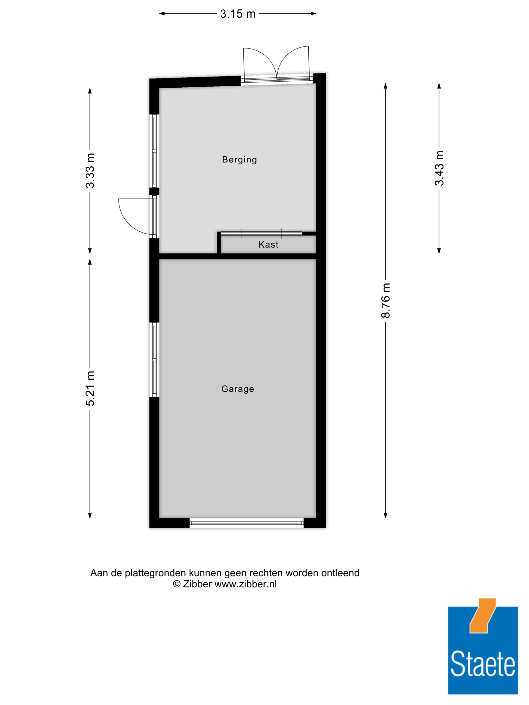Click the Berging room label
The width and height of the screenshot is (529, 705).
(239, 159)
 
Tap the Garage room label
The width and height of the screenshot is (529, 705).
(238, 389)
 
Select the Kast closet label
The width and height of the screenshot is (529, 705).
(268, 244)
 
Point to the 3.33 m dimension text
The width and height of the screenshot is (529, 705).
(90, 170)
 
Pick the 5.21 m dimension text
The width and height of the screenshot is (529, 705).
(90, 388)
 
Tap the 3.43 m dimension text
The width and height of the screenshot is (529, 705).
(439, 168)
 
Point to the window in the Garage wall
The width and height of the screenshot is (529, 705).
(155, 360)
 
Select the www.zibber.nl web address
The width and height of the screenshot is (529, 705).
(246, 584)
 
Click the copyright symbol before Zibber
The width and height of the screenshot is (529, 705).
(176, 584)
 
